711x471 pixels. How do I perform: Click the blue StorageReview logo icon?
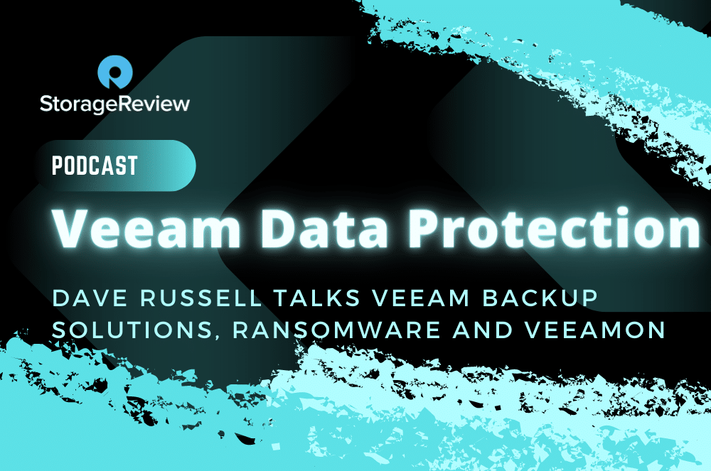point(114,72)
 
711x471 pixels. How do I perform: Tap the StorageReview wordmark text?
point(114,104)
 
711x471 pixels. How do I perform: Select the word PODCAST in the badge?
point(95,166)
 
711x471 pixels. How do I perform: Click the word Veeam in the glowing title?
point(146,228)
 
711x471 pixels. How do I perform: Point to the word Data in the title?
point(324,228)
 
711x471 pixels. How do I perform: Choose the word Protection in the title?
point(554,228)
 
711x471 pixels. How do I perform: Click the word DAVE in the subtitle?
point(90,298)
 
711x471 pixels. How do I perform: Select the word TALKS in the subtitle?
point(317,298)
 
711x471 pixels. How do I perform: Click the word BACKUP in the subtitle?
point(540,298)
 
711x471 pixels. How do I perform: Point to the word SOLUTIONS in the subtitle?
point(130,330)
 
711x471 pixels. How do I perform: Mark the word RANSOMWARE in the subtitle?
point(336,330)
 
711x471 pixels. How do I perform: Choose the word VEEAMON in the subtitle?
point(595,330)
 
